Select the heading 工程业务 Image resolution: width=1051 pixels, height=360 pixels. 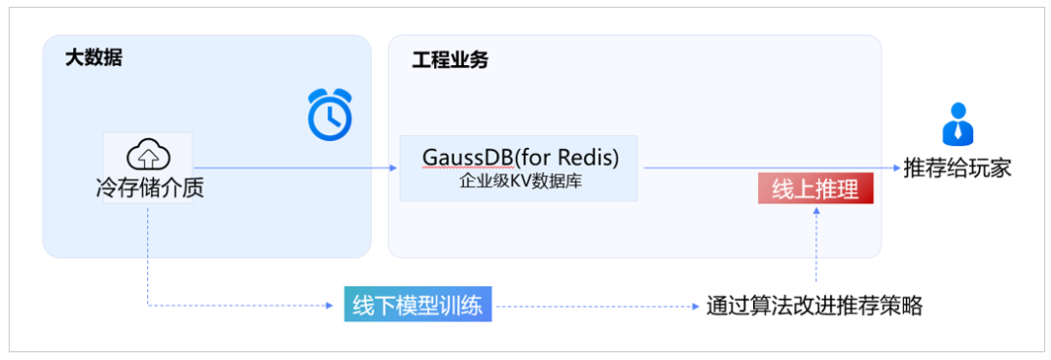click(x=450, y=60)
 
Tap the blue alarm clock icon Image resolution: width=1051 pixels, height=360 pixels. click(x=329, y=115)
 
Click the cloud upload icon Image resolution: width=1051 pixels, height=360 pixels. click(x=148, y=154)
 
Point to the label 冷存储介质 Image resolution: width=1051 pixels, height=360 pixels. click(x=149, y=188)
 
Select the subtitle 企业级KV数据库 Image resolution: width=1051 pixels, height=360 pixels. click(x=520, y=181)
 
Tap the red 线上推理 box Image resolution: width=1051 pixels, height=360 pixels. click(x=815, y=190)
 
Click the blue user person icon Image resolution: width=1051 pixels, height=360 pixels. click(x=957, y=124)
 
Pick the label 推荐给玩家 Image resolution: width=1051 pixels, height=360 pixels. click(x=958, y=167)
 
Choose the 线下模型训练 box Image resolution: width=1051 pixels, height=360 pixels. click(x=418, y=306)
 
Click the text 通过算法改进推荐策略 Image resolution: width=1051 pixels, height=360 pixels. click(x=814, y=306)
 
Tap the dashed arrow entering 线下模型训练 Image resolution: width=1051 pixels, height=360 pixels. click(x=243, y=306)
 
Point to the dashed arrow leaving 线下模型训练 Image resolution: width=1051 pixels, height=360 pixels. click(x=594, y=306)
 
